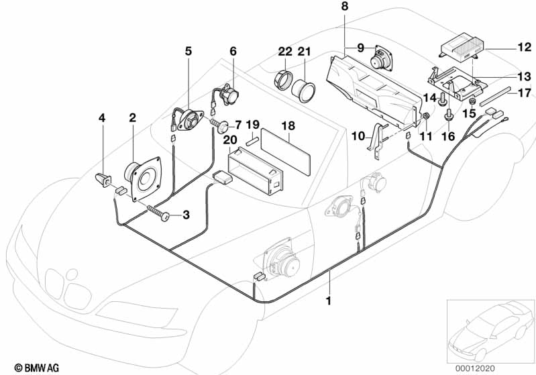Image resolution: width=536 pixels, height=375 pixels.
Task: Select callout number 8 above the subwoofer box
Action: click(x=345, y=6)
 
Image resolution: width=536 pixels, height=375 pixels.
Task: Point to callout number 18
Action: click(x=288, y=125)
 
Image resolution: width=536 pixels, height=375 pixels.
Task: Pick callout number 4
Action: click(x=102, y=118)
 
